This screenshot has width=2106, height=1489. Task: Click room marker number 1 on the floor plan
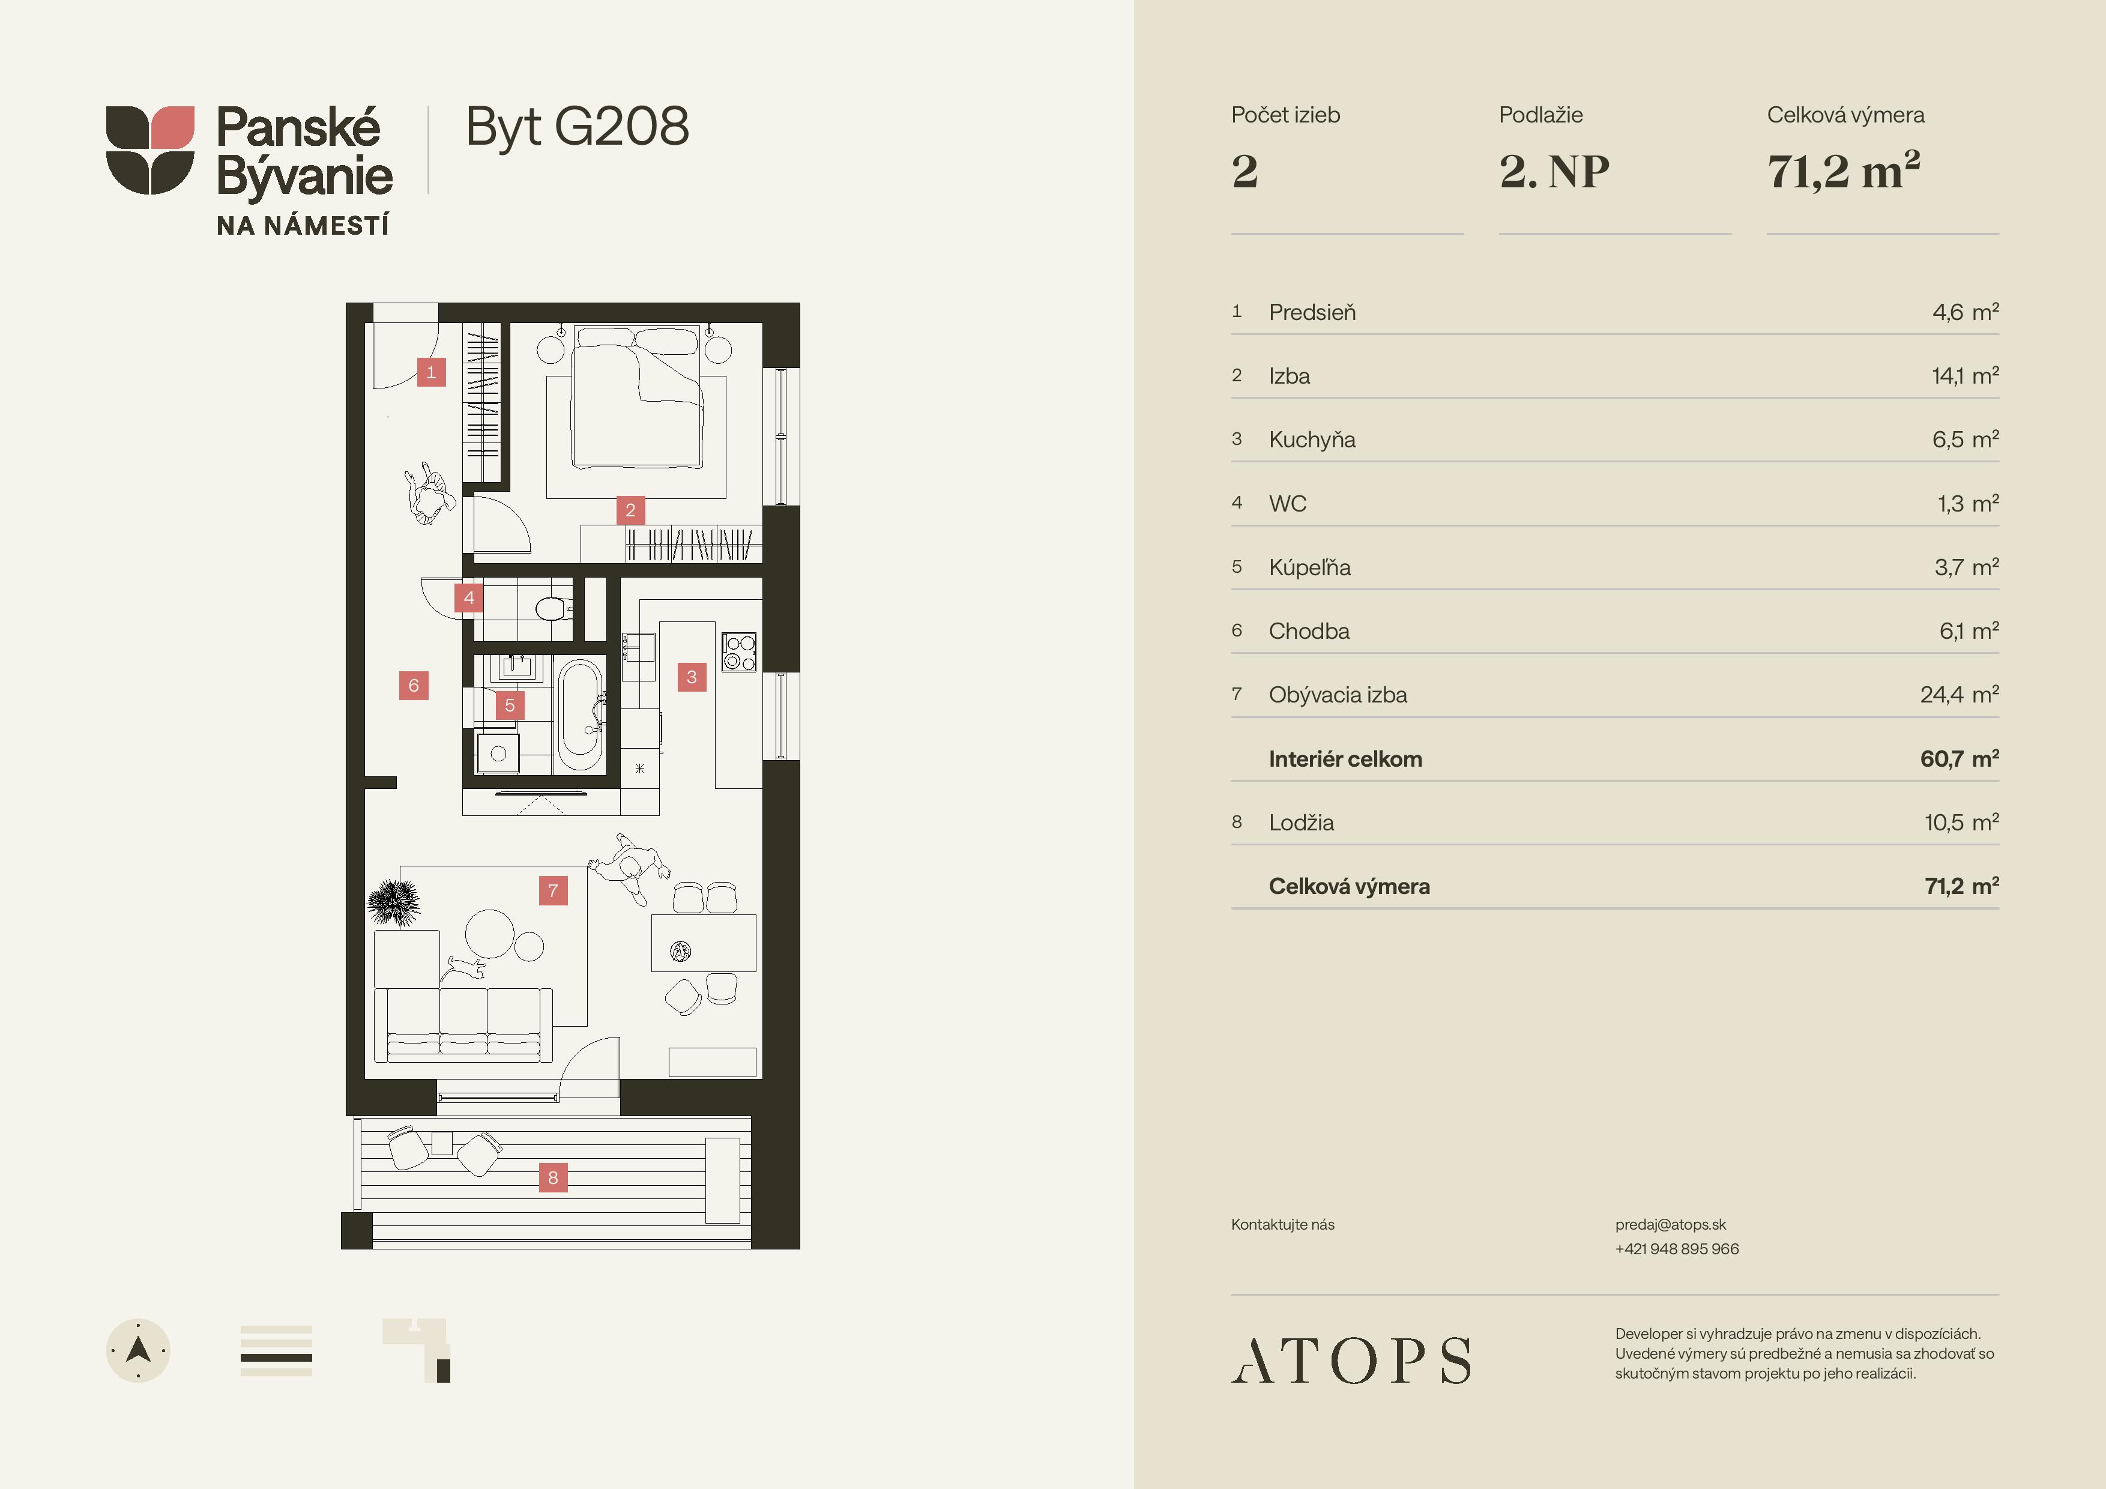pyautogui.click(x=431, y=372)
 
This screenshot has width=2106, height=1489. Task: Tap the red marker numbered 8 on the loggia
pyautogui.click(x=553, y=1177)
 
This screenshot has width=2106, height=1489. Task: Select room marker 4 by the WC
pyautogui.click(x=469, y=598)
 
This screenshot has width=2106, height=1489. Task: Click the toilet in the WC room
pyautogui.click(x=553, y=608)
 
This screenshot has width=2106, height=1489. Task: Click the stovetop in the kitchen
pyautogui.click(x=739, y=651)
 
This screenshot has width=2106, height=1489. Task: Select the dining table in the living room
pyautogui.click(x=704, y=942)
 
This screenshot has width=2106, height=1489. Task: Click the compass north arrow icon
pyautogui.click(x=139, y=1350)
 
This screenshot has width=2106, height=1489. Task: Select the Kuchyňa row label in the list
pyautogui.click(x=1312, y=439)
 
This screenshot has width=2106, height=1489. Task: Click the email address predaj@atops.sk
pyautogui.click(x=1670, y=1225)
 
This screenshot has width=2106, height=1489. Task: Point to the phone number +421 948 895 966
pyautogui.click(x=1677, y=1249)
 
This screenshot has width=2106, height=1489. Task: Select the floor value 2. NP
pyautogui.click(x=1554, y=172)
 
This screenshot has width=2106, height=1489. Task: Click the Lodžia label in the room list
pyautogui.click(x=1301, y=822)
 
